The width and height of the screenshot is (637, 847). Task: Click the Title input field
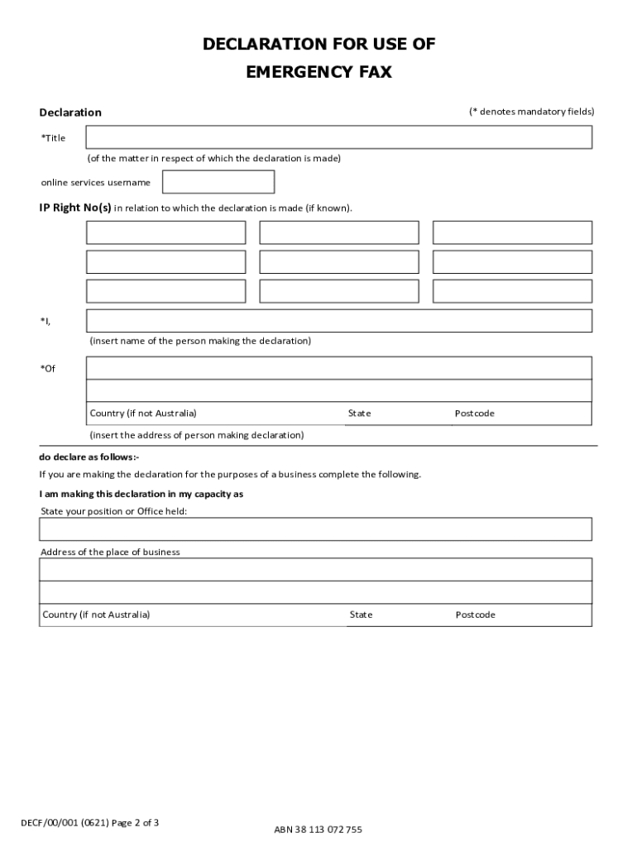(339, 137)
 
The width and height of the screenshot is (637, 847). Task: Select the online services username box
(218, 182)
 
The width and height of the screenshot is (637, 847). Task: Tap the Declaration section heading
(70, 112)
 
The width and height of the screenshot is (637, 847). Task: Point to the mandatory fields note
(531, 112)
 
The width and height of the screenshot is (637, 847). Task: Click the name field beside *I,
(339, 321)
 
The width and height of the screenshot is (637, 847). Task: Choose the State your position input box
(315, 529)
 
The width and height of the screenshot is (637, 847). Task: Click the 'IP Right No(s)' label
(75, 208)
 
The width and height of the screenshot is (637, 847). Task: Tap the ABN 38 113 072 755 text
(318, 830)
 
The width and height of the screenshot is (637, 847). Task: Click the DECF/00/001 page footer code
(89, 823)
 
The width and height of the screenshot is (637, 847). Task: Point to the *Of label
(48, 369)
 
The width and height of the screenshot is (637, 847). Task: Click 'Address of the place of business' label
(110, 552)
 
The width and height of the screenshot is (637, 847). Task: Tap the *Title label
(53, 138)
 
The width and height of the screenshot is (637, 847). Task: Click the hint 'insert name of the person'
(200, 341)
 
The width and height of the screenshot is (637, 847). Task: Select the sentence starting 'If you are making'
(230, 475)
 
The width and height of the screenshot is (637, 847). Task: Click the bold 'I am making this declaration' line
(141, 494)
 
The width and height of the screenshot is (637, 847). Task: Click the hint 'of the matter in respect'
(214, 158)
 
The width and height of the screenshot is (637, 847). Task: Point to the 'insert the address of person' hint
(197, 435)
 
